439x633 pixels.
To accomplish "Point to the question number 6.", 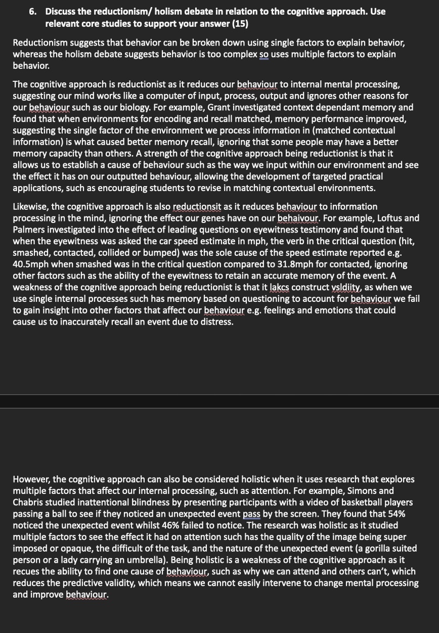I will coord(32,12).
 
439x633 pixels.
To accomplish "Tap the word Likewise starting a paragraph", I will coord(31,206).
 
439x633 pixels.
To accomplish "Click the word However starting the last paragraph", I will coord(31,479).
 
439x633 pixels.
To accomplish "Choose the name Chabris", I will coord(31,502).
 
